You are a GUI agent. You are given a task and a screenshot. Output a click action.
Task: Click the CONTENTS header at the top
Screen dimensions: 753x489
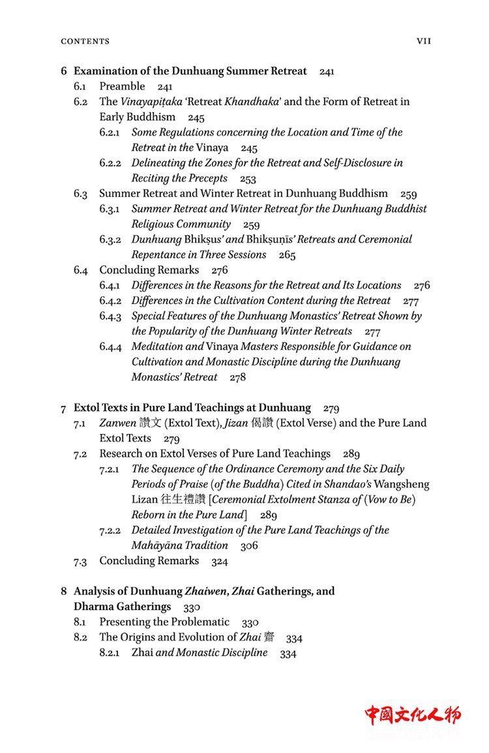pos(85,41)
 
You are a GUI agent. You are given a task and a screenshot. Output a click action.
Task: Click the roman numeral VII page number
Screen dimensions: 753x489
pos(424,41)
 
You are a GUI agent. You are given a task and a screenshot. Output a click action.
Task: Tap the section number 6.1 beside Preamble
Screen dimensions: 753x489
pos(81,87)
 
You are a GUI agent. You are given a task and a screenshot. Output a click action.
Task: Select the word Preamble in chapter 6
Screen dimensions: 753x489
pos(122,87)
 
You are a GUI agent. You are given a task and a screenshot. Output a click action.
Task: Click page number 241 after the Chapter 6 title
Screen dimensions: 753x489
pos(327,72)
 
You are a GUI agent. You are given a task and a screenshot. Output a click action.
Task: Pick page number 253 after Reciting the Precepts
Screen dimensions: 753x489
pos(248,179)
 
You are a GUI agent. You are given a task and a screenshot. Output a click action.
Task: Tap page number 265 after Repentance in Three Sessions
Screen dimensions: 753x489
pos(287,255)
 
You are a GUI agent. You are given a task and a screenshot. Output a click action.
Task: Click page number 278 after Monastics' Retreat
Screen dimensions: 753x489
pos(237,377)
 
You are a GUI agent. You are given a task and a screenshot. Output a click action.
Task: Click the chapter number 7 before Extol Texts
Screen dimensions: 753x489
pos(63,409)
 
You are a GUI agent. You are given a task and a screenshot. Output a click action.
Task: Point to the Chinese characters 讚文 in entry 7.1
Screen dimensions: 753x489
pos(151,423)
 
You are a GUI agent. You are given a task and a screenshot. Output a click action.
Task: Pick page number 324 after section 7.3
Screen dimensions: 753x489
pos(220,561)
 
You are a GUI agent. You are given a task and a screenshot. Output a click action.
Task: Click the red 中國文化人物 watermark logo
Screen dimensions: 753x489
pos(412,715)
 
